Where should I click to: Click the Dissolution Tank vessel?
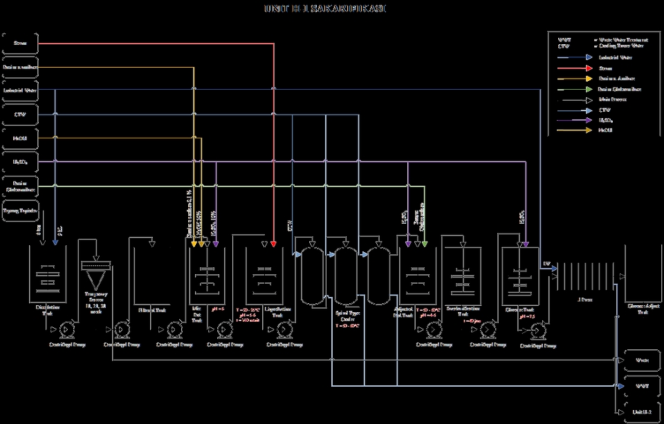(46, 276)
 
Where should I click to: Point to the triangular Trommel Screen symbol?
(96, 278)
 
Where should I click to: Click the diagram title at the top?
(326, 8)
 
